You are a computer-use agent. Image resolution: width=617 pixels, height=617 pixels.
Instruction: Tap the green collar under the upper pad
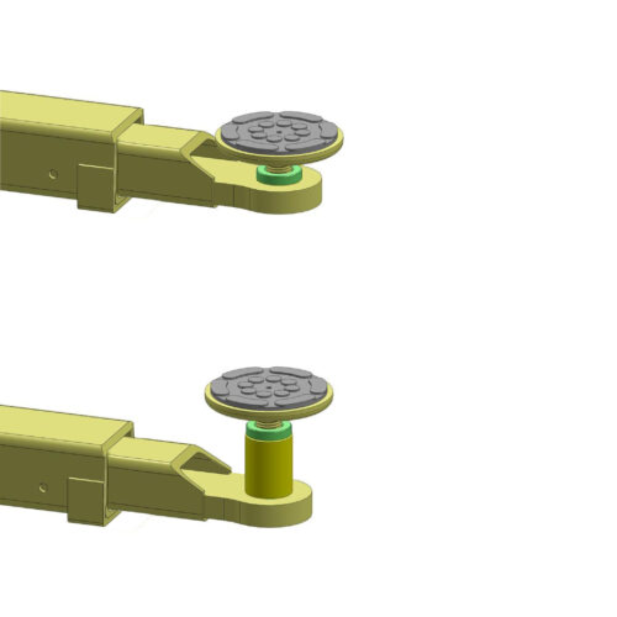[279, 175]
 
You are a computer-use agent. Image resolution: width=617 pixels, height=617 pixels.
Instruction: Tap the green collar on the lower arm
[269, 430]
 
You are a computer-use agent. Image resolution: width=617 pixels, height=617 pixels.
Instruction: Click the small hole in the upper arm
[53, 174]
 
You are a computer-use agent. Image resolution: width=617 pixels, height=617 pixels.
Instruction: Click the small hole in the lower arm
[43, 487]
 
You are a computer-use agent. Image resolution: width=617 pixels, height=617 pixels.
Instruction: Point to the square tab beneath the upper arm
[95, 187]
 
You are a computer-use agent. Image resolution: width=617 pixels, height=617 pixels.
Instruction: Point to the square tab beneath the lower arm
[86, 500]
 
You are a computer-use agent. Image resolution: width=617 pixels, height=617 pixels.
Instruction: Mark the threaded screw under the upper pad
[279, 165]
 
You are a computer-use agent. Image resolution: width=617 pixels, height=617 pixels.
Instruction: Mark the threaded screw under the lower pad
[269, 422]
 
